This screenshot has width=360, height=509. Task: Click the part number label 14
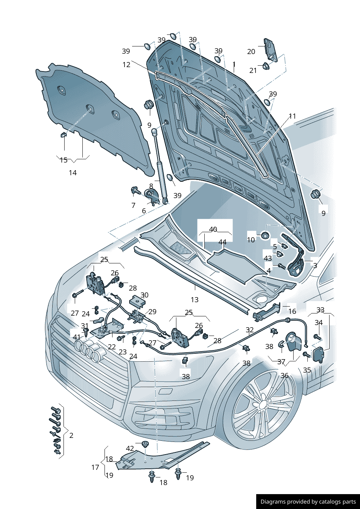(73, 173)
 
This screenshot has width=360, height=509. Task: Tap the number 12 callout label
(126, 65)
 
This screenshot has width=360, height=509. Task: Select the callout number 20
(251, 52)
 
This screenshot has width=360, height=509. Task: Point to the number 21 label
(253, 70)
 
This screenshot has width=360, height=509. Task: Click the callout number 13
(195, 300)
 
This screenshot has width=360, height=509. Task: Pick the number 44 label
(222, 242)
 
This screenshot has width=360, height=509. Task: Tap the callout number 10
(251, 240)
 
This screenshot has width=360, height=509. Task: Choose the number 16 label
(292, 311)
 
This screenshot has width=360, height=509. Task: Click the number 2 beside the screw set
(71, 435)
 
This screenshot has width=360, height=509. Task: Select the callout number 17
(95, 467)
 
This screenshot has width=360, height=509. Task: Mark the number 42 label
(130, 449)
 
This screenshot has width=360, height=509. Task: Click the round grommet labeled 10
(265, 236)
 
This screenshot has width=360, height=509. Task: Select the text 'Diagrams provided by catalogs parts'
(308, 502)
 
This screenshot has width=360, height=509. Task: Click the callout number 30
(144, 295)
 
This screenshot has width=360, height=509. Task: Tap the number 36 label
(285, 375)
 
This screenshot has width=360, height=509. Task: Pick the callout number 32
(250, 330)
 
